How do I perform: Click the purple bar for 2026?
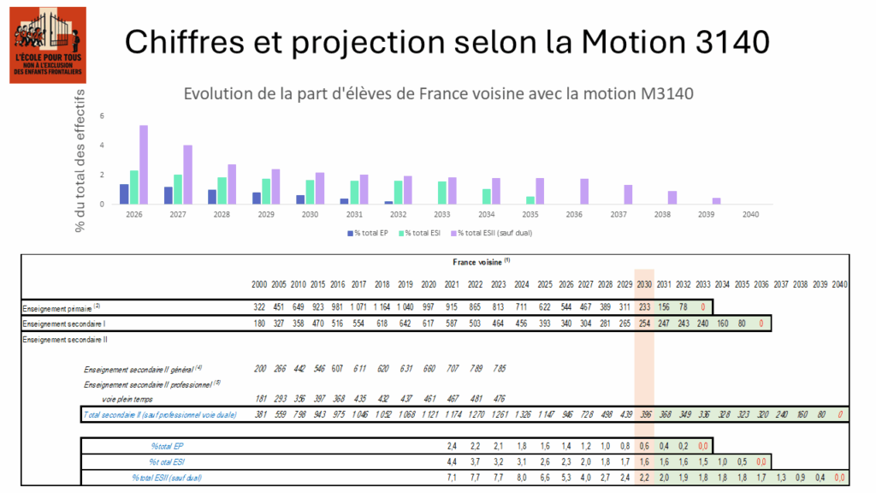tap(144, 164)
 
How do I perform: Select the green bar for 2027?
tap(178, 189)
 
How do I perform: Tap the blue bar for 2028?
tap(212, 197)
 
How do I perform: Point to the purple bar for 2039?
tap(717, 201)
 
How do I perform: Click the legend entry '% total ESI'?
tap(419, 233)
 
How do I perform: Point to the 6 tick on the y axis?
tap(102, 116)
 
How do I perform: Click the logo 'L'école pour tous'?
tap(48, 45)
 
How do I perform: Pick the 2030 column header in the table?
tap(645, 283)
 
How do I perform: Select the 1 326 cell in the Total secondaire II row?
tap(520, 415)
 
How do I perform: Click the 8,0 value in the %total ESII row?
tap(520, 478)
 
